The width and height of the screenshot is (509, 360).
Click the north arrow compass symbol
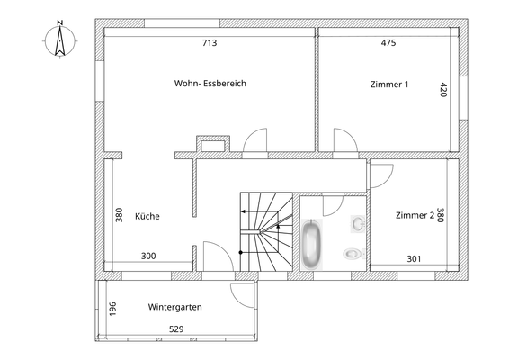pos(57,40)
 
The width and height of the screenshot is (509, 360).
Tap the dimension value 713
pos(210,42)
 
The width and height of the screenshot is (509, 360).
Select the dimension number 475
pos(388,42)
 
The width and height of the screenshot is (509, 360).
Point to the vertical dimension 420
pos(442,90)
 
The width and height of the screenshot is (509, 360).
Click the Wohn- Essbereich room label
pos(210,84)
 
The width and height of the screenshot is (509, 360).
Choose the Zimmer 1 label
pos(389,85)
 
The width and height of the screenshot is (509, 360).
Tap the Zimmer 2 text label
pos(415,215)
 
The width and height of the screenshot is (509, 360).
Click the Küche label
pos(147,216)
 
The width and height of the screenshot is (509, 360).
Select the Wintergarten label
pos(174,307)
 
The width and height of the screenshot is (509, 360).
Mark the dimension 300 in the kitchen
pos(148,256)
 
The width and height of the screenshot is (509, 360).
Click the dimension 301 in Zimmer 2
pos(414,259)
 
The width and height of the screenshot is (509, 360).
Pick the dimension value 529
pos(177,329)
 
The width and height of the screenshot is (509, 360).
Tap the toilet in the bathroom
pos(353,255)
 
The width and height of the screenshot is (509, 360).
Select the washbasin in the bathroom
pos(358,220)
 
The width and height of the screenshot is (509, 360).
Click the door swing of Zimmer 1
pos(344,139)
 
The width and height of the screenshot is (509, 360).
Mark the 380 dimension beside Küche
pos(119,216)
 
